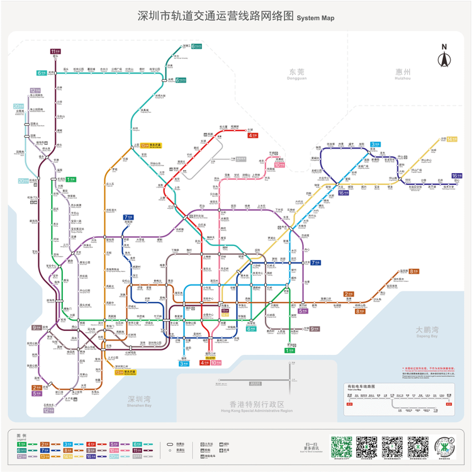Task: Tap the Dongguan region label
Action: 296,74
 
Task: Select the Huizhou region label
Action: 403,74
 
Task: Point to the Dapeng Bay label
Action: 426,332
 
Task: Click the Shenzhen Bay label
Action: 139,401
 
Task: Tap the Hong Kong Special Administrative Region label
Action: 252,406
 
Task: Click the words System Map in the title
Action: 316,18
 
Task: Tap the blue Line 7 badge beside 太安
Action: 315,262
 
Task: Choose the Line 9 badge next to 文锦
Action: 315,329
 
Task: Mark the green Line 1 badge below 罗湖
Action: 289,350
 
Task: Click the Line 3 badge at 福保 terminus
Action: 184,363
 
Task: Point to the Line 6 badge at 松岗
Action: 42,73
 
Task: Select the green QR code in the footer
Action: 340,446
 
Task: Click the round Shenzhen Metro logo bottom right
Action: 447,445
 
